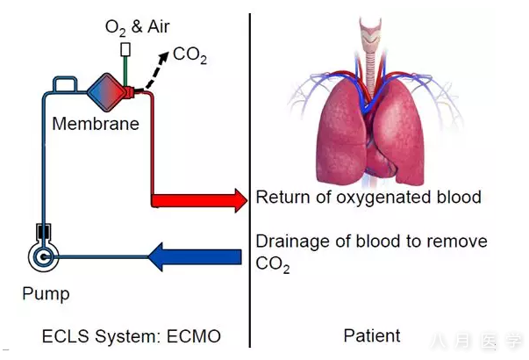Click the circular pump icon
[43, 257]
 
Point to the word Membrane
[95, 124]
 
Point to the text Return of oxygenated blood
[368, 197]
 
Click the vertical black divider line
[250, 176]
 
